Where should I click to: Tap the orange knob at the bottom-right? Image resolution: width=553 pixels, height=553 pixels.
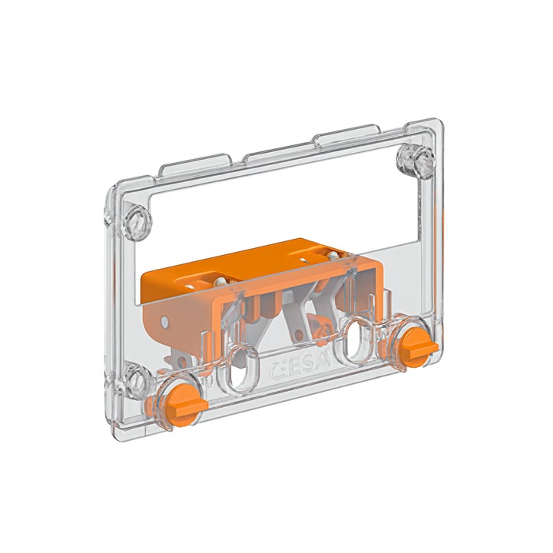pos(417,345)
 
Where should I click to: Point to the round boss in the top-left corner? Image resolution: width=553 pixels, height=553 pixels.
pos(138,220)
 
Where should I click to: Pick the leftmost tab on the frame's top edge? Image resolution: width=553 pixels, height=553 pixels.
pos(199,162)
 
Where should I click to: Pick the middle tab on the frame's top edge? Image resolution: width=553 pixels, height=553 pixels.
pos(276,150)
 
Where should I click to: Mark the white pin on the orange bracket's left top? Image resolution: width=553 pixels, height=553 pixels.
pos(220,282)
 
